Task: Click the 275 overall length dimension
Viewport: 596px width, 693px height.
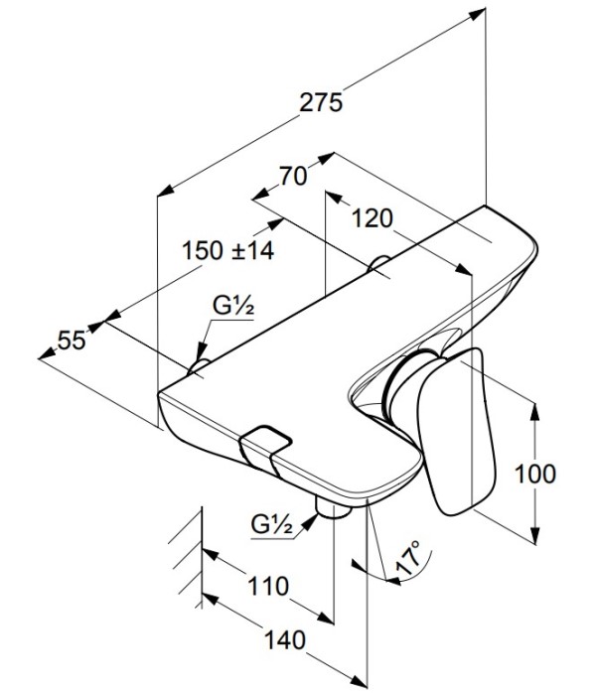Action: click(x=324, y=102)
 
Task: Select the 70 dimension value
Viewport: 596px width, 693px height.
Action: click(x=291, y=178)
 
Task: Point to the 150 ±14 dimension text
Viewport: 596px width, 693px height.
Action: click(x=227, y=250)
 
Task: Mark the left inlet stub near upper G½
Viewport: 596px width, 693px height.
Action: click(x=196, y=368)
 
